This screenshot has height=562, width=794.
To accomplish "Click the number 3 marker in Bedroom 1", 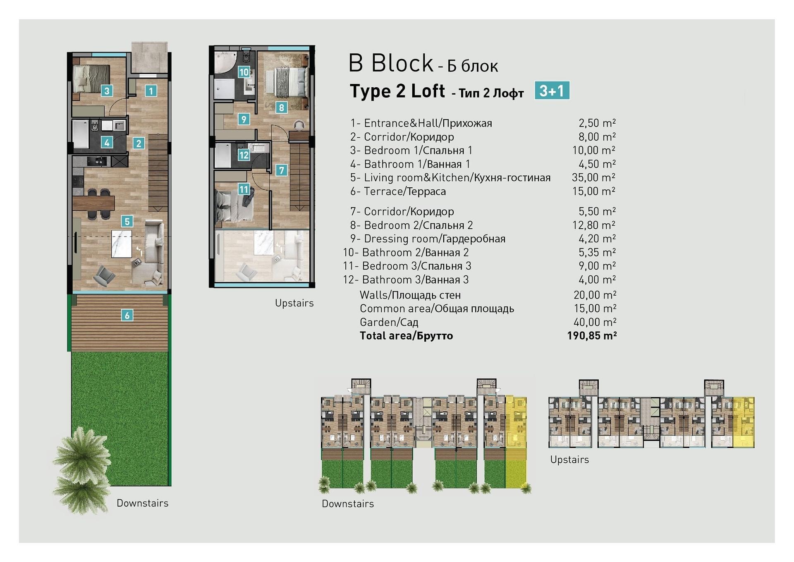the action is (x=107, y=91).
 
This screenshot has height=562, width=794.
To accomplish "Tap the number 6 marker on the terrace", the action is (x=127, y=316).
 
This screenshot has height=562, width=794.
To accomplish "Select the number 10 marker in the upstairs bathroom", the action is (x=244, y=72).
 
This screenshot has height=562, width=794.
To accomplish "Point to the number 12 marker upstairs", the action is (x=244, y=155).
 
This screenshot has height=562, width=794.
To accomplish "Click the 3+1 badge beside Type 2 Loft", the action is (x=552, y=90).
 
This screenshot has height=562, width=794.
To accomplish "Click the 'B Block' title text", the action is (x=391, y=63).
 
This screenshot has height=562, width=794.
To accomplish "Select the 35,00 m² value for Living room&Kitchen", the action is (x=593, y=177).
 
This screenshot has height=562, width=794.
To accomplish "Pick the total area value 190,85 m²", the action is (x=592, y=335).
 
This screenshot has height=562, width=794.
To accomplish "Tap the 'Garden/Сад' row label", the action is (x=389, y=322).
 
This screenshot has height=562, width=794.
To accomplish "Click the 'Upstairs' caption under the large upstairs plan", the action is (x=294, y=303).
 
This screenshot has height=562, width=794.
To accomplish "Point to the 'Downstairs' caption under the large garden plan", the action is (x=143, y=503).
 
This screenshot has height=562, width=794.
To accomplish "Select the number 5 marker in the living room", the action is (x=127, y=221).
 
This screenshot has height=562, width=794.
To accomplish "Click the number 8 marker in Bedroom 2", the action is (x=281, y=108).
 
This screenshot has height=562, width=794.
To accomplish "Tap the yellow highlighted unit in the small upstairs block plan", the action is (x=743, y=422).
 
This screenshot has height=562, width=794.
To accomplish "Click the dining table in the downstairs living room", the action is (x=93, y=203).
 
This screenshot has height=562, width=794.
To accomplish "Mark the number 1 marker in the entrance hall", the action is (x=151, y=91).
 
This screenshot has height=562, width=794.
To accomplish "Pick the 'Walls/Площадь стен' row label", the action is (x=410, y=295).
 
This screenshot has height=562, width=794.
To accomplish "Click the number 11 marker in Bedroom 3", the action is (x=244, y=189).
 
